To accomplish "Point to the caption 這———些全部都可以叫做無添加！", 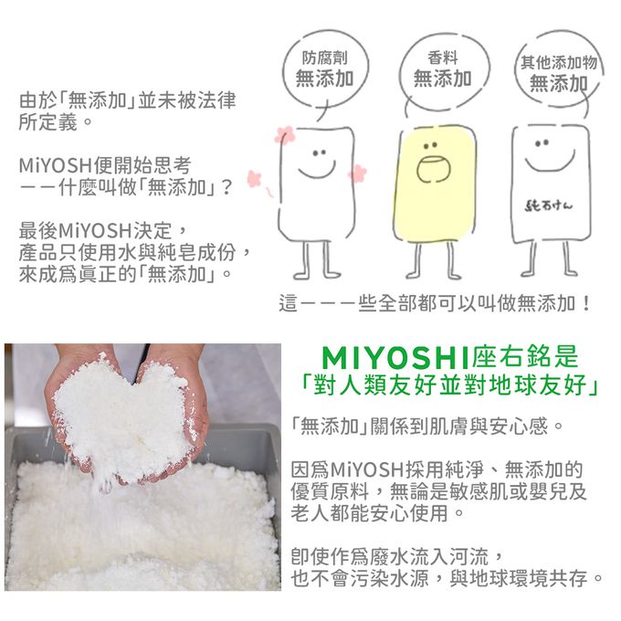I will [x=436, y=302].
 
